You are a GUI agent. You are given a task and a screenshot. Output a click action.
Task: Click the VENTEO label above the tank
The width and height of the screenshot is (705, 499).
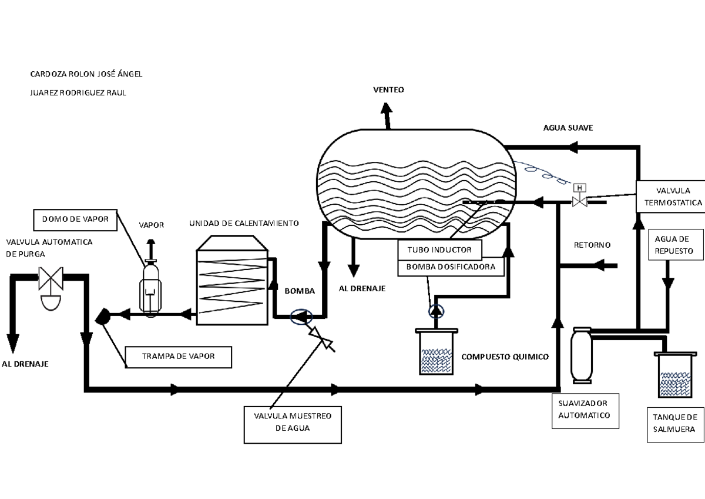[x=389, y=90]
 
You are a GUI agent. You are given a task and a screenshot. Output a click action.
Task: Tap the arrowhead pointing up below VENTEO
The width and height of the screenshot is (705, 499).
[x=386, y=108]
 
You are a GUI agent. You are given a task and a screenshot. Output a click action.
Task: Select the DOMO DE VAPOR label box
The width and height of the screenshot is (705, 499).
[x=75, y=219]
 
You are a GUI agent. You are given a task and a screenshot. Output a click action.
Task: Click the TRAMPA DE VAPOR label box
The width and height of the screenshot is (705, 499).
[x=179, y=357]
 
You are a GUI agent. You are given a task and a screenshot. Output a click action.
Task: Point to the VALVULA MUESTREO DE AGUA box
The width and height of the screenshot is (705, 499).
[x=293, y=425]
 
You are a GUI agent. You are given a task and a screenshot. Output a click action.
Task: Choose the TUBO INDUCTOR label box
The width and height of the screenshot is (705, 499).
[x=439, y=250]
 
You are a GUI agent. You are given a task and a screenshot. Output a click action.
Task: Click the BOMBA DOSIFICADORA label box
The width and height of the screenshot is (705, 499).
[x=451, y=268]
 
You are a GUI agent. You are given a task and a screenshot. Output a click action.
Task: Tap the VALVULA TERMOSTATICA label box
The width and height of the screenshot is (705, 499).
[x=671, y=197]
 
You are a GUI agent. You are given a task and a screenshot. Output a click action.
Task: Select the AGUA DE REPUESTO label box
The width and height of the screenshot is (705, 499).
[x=676, y=245]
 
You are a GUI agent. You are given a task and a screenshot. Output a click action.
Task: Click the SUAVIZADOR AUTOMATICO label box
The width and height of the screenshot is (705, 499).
[x=585, y=411]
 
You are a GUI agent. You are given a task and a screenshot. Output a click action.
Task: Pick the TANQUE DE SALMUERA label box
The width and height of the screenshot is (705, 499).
[x=676, y=425]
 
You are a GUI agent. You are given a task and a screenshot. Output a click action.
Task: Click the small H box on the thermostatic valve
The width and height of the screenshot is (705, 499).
[x=580, y=188]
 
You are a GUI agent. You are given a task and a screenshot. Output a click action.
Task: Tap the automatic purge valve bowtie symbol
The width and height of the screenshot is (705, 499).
[x=51, y=278]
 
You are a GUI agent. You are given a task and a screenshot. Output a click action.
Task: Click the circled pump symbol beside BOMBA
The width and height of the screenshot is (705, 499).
[x=301, y=317]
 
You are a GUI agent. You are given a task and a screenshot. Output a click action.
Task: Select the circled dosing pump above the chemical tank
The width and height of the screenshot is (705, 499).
[x=436, y=311]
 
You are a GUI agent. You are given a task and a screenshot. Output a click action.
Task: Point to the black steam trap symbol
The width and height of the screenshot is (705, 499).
[x=103, y=316]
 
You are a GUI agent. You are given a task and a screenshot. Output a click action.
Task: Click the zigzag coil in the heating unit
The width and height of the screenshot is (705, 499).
[x=231, y=286]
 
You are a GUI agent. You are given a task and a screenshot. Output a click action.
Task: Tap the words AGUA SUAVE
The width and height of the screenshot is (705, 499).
[x=568, y=128]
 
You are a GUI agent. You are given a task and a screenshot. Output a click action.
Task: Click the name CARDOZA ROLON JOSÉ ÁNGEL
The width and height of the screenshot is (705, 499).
[x=86, y=74]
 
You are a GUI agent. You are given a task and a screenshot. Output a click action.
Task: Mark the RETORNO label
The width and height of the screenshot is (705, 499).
[x=592, y=245]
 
